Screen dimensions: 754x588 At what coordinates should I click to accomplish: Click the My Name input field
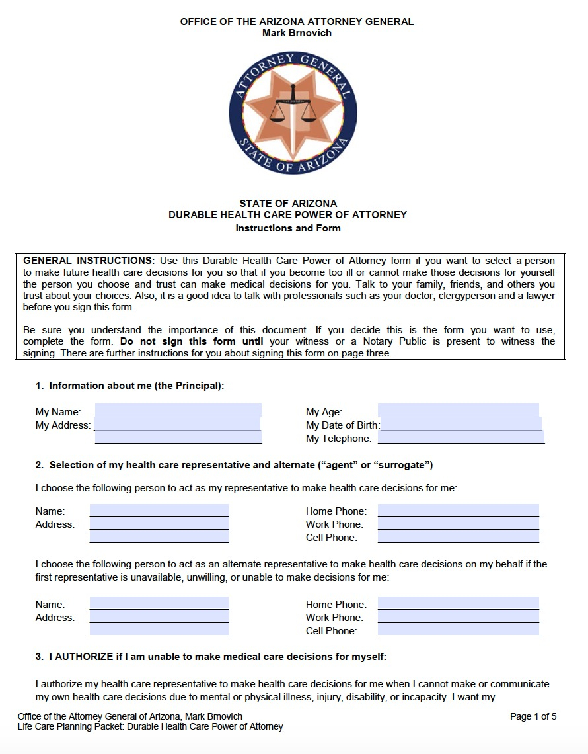point(178,411)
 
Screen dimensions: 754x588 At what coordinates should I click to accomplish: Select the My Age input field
point(458,411)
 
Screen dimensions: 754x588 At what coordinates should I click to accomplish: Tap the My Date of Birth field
point(460,425)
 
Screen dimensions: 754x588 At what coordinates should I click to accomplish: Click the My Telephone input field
point(460,437)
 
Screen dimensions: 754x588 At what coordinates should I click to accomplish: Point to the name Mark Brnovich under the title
point(297,33)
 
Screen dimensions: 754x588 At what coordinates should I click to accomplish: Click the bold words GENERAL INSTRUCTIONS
point(89,261)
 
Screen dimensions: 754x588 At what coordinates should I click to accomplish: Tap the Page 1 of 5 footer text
point(533,716)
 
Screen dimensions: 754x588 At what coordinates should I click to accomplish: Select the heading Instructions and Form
point(288,228)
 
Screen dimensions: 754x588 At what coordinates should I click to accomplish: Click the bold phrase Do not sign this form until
point(192,341)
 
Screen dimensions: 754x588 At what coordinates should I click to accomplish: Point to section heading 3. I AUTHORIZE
point(211,657)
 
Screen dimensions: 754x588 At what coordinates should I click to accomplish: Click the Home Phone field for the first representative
point(458,511)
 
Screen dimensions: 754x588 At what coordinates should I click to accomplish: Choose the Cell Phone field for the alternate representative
point(458,630)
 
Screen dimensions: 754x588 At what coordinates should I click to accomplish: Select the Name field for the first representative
point(159,511)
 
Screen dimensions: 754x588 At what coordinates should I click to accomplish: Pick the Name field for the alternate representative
point(159,604)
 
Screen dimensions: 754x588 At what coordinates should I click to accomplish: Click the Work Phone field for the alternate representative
point(458,617)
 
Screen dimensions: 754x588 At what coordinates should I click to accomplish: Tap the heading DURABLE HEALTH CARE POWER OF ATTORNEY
point(287,215)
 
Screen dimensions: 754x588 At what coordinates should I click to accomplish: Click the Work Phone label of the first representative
point(334,524)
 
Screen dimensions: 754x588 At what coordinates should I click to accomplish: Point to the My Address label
point(63,425)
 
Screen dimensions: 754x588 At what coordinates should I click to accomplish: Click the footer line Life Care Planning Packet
point(150,726)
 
